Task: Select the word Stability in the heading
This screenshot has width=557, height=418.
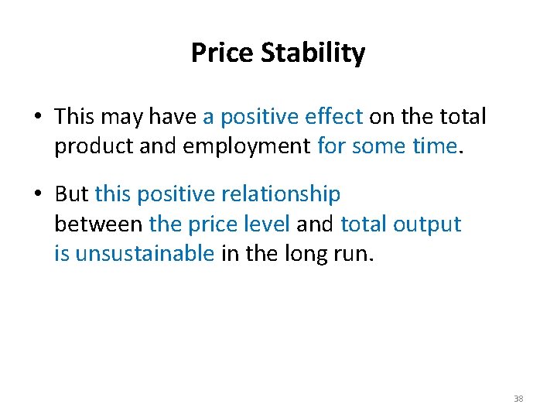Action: coord(313,53)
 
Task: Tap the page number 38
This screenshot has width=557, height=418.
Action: coord(518,399)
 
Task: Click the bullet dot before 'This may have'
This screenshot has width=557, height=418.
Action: coord(37,118)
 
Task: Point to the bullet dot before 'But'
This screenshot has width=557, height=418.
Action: coord(37,194)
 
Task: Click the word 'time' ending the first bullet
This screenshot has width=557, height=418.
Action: coord(433,147)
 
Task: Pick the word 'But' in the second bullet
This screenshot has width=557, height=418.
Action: coord(71,194)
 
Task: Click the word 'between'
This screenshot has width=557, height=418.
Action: coord(98,224)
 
